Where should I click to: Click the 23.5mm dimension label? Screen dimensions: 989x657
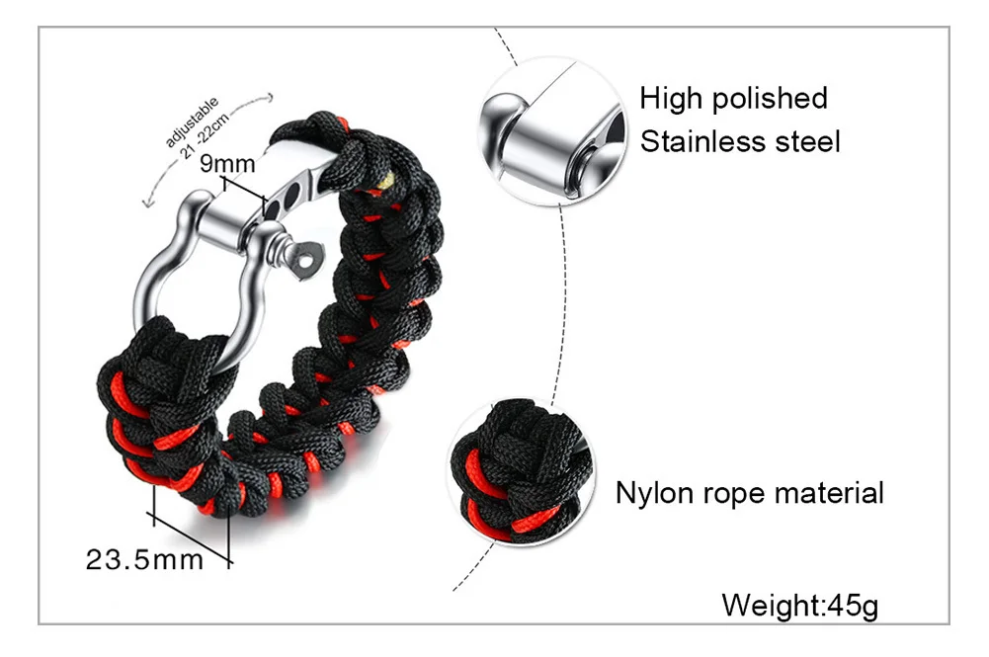point(144,560)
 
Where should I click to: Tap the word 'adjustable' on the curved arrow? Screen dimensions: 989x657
point(194,118)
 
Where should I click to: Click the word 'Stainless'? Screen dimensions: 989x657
point(701,141)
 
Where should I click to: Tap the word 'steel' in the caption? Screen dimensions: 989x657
point(805,141)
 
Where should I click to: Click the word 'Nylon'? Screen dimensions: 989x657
point(653,492)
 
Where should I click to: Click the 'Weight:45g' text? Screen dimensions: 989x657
point(799,604)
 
